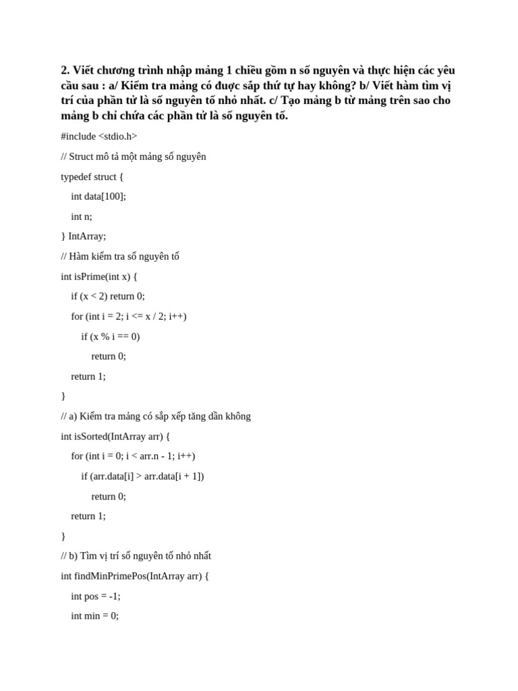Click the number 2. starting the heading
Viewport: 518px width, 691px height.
(65, 70)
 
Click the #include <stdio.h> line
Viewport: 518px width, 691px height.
(99, 136)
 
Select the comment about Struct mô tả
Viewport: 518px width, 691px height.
(134, 157)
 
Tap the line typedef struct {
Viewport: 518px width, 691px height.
(92, 177)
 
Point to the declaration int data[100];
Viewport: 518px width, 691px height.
(98, 196)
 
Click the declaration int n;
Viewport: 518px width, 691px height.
(82, 217)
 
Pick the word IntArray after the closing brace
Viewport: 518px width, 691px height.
(87, 236)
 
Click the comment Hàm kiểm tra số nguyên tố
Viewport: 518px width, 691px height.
(120, 256)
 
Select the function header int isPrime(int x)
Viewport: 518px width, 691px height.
(98, 276)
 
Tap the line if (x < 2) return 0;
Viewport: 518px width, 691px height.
(108, 296)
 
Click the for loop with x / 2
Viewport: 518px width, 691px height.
(129, 316)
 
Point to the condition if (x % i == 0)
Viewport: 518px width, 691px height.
(111, 336)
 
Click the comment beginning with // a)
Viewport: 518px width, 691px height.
(156, 416)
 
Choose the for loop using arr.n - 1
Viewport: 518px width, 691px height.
(133, 455)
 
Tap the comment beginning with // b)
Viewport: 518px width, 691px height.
(136, 556)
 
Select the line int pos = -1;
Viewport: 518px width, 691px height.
(96, 596)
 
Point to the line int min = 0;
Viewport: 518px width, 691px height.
(94, 615)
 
